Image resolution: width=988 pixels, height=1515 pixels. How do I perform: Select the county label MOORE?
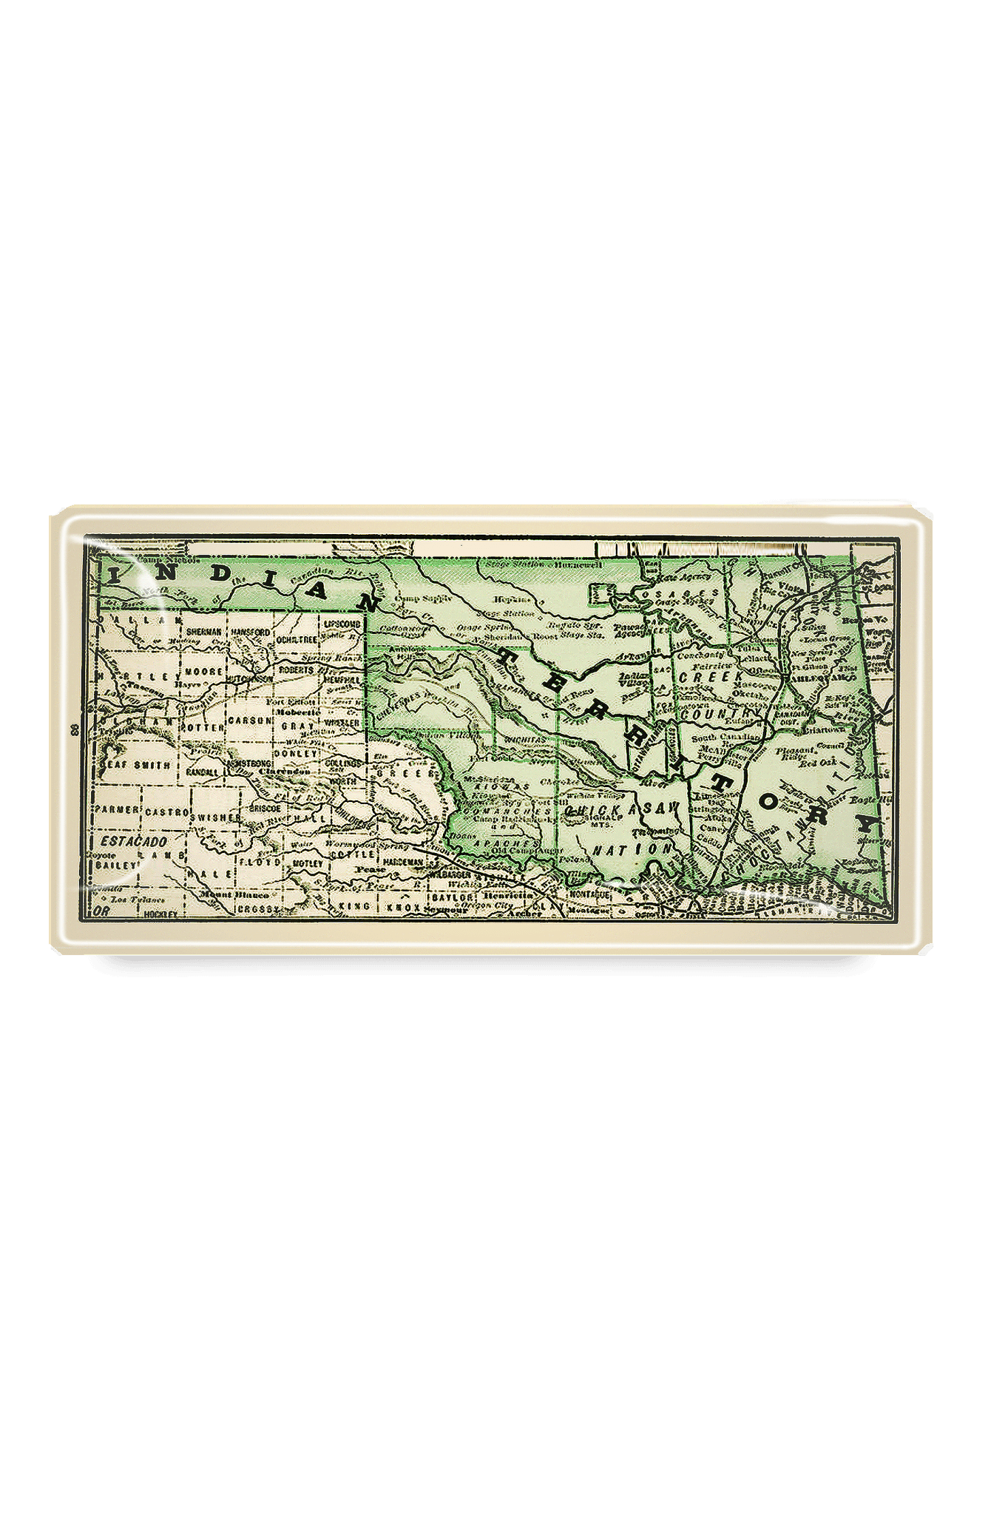coord(204,672)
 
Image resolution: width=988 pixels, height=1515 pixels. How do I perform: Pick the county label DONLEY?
coord(295,753)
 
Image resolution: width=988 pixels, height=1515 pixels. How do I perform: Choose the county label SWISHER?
coord(214,817)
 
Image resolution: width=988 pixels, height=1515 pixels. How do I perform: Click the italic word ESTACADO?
coord(134,842)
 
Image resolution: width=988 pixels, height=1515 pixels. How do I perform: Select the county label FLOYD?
coord(258,863)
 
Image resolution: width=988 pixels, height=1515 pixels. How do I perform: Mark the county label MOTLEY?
coord(308,863)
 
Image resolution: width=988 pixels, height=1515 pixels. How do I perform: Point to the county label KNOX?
coord(402,906)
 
